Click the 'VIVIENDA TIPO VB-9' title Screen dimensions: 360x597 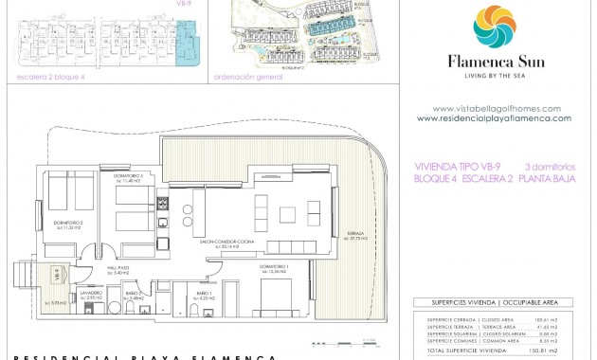[x=454, y=165]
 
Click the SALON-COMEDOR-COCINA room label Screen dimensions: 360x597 [x=224, y=242]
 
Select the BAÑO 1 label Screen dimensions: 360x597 [x=203, y=295]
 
